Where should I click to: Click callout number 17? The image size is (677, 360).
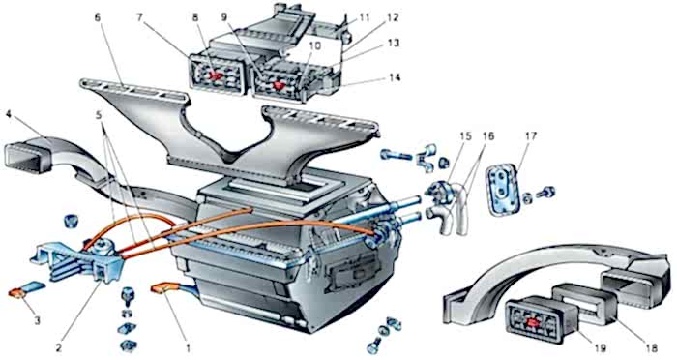tap(531, 136)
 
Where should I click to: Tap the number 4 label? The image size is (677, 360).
tap(10, 114)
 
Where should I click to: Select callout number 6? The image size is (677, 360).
tap(98, 17)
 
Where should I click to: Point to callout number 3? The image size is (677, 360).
tap(38, 320)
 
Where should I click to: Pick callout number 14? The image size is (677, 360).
tap(394, 77)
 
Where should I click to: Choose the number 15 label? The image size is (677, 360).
tap(465, 136)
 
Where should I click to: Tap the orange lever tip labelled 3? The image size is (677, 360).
tap(17, 293)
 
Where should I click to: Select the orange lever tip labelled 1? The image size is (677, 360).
tap(161, 287)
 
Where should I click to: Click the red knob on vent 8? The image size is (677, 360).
tap(217, 76)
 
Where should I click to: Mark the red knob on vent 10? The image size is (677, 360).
tap(279, 85)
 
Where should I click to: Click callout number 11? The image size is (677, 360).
tap(365, 18)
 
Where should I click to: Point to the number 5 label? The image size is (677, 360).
tap(100, 116)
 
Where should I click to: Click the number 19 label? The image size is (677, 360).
tap(601, 348)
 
